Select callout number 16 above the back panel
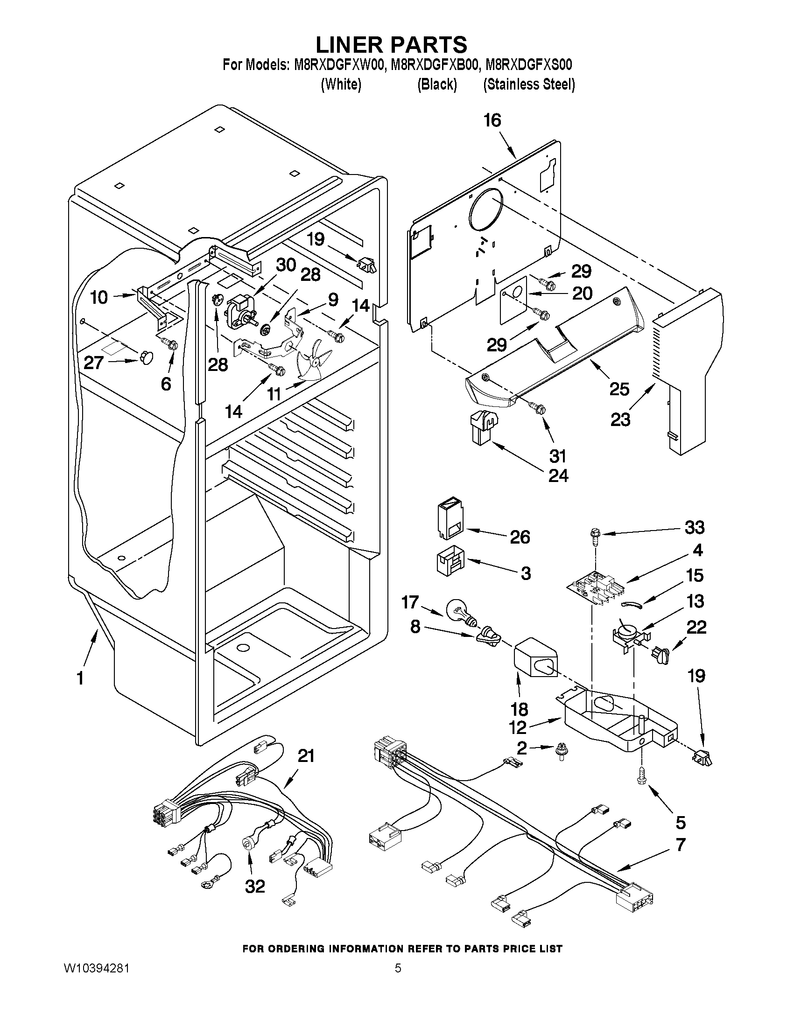tap(492, 121)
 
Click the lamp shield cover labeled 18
tap(535, 658)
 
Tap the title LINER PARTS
tap(391, 44)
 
